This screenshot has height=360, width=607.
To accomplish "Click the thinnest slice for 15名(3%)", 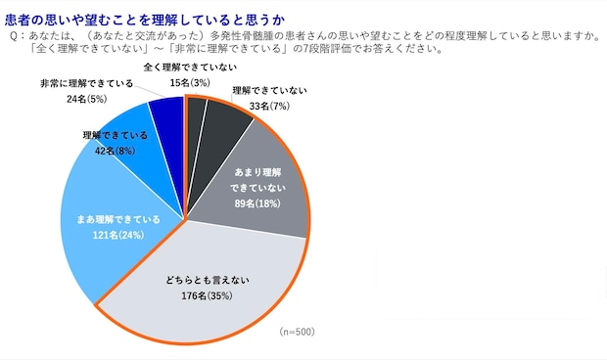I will click(x=197, y=111).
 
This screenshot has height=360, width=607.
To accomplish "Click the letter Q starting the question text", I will click(x=12, y=35).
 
